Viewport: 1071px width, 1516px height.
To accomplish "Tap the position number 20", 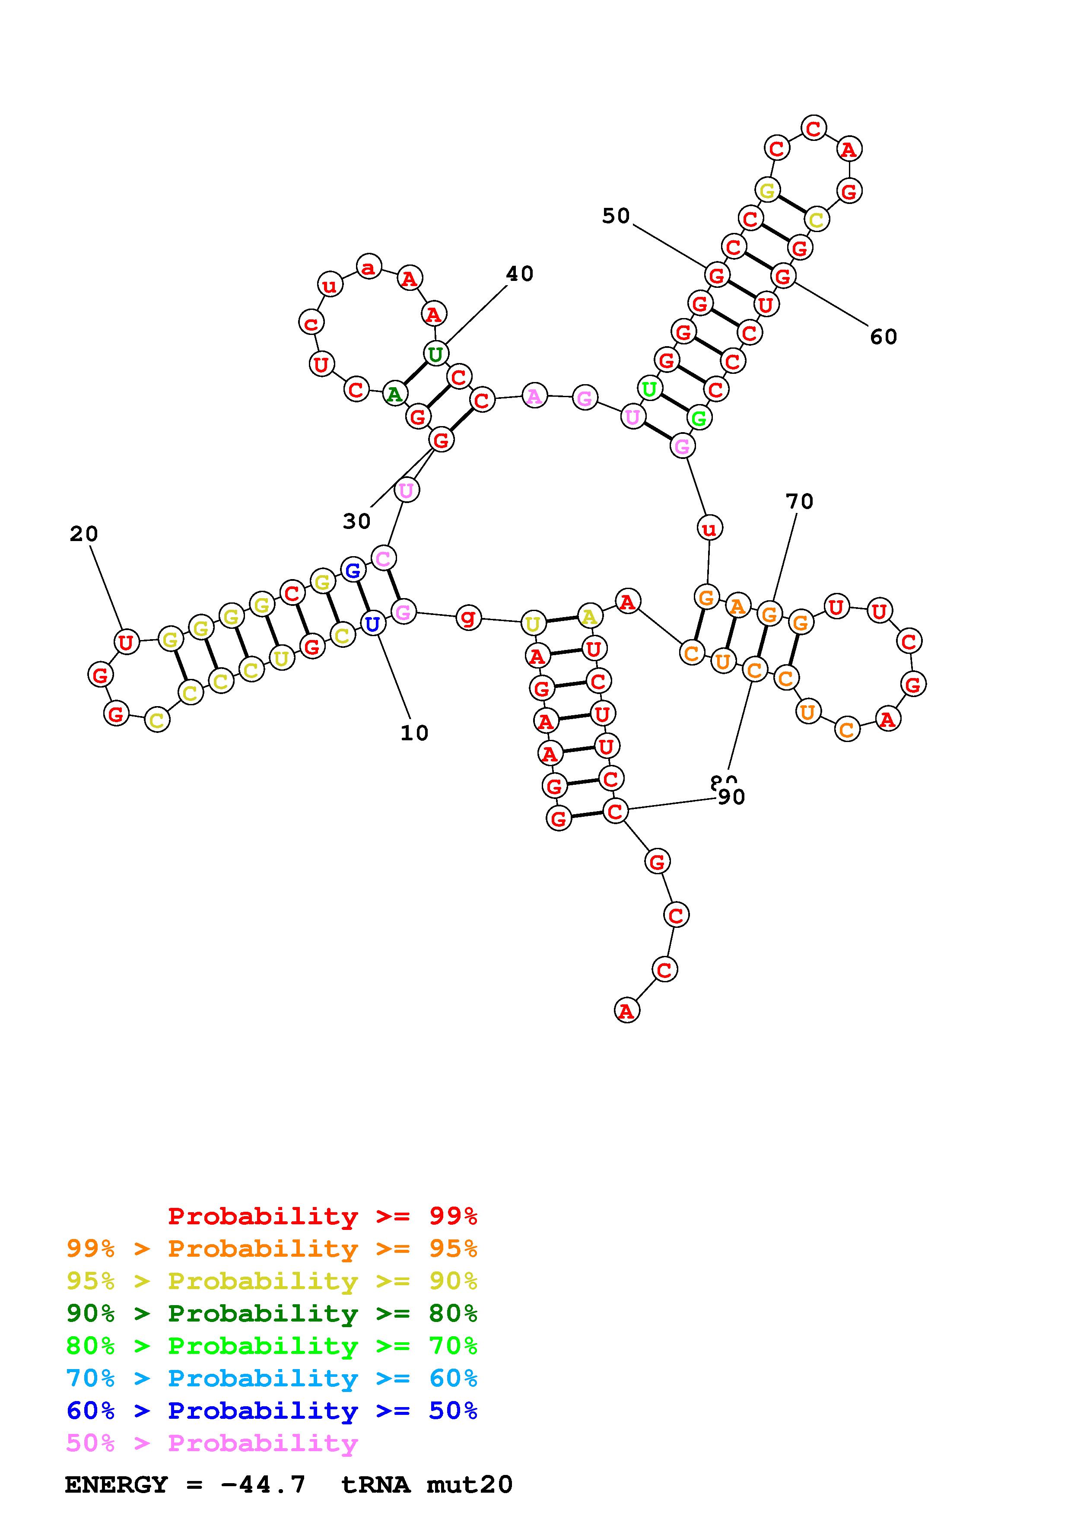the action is (84, 534).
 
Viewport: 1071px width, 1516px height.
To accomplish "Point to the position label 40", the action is (519, 274).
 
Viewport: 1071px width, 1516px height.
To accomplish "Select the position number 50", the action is (616, 216).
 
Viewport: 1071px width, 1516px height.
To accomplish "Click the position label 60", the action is (883, 338).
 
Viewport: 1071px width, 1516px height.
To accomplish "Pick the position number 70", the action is (799, 502).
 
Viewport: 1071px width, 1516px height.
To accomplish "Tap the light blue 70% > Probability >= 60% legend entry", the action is (272, 1378).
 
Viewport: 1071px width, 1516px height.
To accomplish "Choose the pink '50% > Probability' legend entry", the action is (212, 1443).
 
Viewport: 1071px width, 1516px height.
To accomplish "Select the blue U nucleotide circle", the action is (373, 623).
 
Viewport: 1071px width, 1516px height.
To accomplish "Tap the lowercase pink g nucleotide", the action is (468, 618).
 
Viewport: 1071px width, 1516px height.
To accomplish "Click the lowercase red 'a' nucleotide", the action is (369, 268).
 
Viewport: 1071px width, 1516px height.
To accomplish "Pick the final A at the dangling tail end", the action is (626, 1010).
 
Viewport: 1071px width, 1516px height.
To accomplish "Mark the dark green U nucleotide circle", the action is (435, 354).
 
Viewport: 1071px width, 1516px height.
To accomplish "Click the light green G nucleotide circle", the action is (699, 417).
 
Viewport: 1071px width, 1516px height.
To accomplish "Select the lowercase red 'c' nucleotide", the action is (311, 323).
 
